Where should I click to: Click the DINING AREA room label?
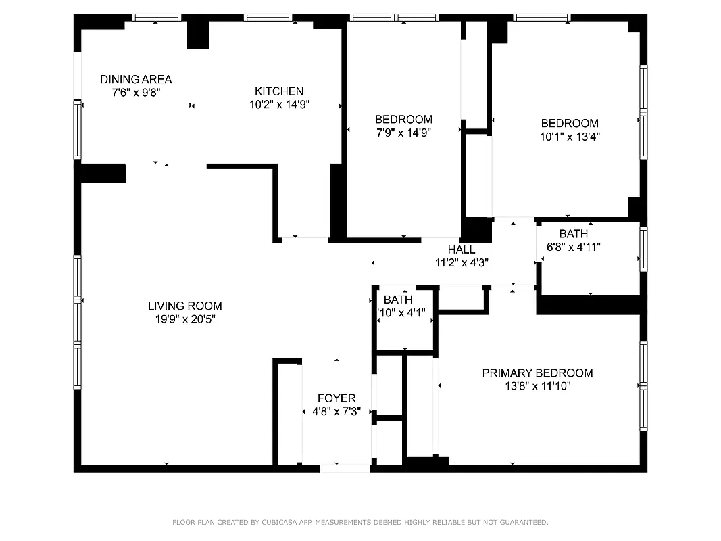coord(136,79)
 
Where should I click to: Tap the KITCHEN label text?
coord(278,91)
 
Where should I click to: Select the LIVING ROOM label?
coord(184,306)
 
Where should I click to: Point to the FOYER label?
coord(337,398)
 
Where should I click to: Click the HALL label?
coord(461,250)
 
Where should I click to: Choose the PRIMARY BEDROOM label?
coord(537,373)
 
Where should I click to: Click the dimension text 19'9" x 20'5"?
coord(184,319)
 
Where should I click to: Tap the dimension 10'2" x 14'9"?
coord(278,104)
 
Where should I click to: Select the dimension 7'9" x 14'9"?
coord(403,133)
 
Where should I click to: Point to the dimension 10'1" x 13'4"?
coord(570,136)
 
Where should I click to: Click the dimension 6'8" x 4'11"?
coord(573,247)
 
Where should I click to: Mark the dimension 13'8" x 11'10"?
coord(537,386)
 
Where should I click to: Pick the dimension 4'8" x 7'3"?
coord(337,411)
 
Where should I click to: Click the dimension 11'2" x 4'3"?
coord(461,262)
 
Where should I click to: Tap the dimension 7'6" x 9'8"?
coord(136,92)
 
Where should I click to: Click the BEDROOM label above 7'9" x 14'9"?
coord(403,120)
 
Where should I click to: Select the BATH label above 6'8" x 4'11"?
coord(573,234)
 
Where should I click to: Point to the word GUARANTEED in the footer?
coord(522,522)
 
